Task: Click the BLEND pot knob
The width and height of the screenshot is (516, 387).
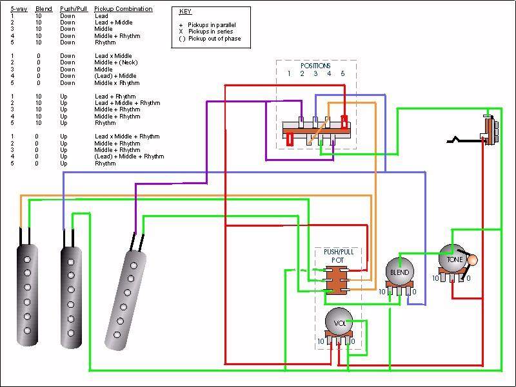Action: (399, 271)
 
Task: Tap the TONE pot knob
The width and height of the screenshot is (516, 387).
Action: (453, 258)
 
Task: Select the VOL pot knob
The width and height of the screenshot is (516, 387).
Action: (339, 322)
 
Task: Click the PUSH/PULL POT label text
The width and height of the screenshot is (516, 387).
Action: (339, 256)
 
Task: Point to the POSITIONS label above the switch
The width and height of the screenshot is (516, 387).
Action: (315, 66)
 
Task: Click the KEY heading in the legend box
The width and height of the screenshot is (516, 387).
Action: (185, 12)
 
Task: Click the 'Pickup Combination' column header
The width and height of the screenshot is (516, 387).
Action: (123, 9)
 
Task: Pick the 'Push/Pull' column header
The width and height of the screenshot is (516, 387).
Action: (74, 9)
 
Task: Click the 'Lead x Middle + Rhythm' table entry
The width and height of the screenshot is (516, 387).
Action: (127, 137)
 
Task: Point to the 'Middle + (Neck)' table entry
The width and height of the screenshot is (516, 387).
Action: (116, 62)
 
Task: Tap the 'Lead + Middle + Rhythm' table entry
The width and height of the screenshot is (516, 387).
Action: (127, 103)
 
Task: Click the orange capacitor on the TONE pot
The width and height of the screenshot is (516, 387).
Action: (472, 260)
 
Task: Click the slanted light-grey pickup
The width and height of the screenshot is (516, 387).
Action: (125, 299)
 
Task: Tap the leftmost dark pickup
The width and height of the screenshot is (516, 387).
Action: (27, 295)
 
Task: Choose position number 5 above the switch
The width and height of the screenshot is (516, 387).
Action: (342, 73)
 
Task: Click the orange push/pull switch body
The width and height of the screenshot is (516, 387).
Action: (336, 281)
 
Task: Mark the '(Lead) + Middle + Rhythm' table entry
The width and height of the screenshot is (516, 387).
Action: (129, 156)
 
